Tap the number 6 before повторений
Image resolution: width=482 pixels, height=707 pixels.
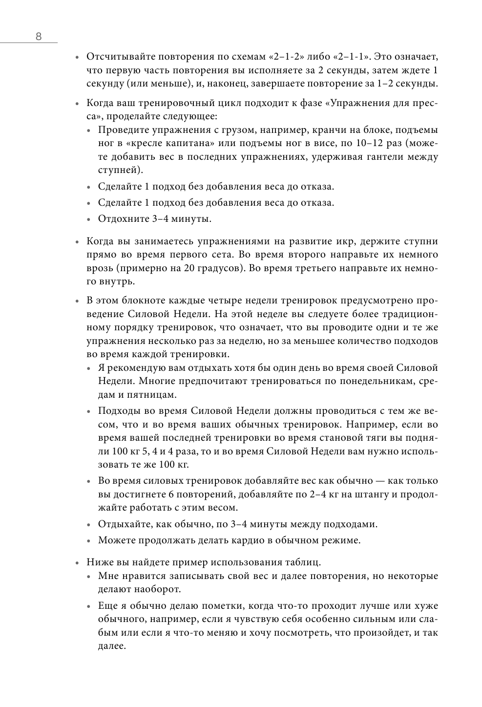[155, 494]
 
